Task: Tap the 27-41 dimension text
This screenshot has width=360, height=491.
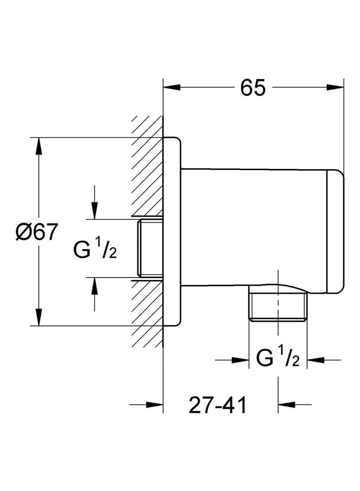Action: click(218, 406)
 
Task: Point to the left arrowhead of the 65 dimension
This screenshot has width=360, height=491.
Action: click(171, 87)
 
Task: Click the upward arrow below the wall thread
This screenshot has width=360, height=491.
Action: click(94, 285)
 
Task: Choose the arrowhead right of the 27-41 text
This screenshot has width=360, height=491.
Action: click(287, 404)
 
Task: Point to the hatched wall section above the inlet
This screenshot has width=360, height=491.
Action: click(147, 167)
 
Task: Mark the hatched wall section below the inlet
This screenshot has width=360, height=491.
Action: click(147, 311)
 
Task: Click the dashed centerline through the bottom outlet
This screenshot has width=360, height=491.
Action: click(279, 288)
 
